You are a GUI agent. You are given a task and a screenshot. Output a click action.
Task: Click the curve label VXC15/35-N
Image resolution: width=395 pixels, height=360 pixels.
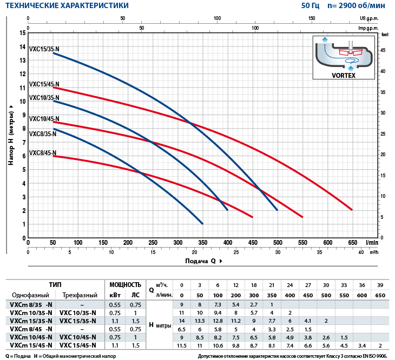(x=44, y=49)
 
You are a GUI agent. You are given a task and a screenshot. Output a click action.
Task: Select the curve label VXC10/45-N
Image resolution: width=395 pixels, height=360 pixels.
(x=44, y=119)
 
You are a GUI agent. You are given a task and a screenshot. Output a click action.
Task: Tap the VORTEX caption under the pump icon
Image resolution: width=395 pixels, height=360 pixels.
(x=344, y=76)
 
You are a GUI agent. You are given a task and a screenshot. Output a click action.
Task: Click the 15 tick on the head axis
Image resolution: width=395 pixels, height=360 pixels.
(x=22, y=33)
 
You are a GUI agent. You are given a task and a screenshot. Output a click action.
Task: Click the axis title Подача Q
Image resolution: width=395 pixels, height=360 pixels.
(x=201, y=261)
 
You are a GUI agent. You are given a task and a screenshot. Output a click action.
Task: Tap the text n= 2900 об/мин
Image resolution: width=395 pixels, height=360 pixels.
(x=357, y=6)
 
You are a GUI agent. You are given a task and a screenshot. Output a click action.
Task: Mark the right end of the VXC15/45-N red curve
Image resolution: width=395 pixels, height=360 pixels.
(x=352, y=210)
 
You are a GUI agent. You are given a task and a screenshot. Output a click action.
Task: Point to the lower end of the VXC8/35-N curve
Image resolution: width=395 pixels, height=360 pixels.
(x=202, y=223)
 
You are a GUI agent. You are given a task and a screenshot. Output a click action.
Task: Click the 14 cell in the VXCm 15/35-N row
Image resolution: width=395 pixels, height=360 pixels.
(x=182, y=321)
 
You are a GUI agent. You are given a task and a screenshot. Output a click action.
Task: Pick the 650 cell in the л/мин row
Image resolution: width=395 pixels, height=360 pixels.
(x=380, y=295)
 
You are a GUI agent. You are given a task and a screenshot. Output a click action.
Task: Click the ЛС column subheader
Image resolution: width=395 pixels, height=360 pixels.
(x=136, y=295)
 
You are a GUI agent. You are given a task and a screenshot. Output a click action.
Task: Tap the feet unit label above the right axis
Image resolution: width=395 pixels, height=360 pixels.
(x=385, y=34)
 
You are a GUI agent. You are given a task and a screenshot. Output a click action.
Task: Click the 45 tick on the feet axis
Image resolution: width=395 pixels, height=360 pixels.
(x=383, y=50)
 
